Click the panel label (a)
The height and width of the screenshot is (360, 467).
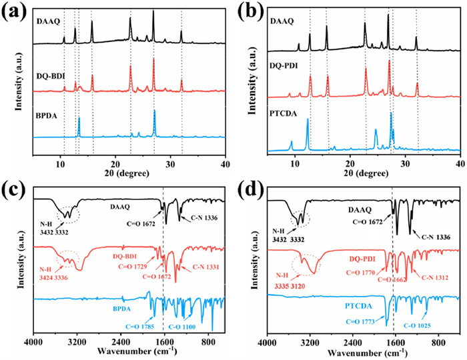click(x=15, y=11)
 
